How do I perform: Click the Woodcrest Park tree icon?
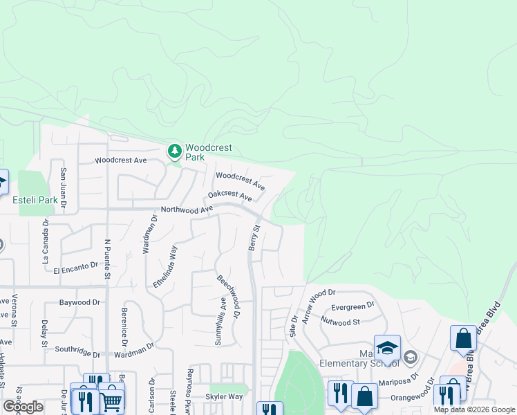pyautogui.click(x=176, y=150)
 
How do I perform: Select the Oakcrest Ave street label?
pyautogui.click(x=230, y=197)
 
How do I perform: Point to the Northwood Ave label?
pyautogui.click(x=187, y=209)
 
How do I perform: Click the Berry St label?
pyautogui.click(x=254, y=237)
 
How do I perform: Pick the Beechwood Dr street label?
pyautogui.click(x=228, y=297)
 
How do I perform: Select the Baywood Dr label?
pyautogui.click(x=79, y=302)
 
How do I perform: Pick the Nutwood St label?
pyautogui.click(x=341, y=321)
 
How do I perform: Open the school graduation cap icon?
pyautogui.click(x=387, y=347)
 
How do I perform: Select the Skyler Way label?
pyautogui.click(x=224, y=397)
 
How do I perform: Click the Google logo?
pyautogui.click(x=23, y=407)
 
